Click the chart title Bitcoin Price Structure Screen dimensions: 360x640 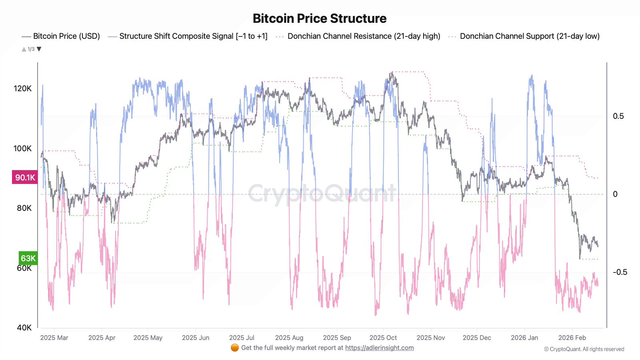pyautogui.click(x=320, y=18)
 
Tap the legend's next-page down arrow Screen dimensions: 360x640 pyautogui.click(x=39, y=49)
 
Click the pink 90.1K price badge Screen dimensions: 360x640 pyautogui.click(x=25, y=178)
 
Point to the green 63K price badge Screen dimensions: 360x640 pyautogui.click(x=28, y=258)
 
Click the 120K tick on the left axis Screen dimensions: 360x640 pyautogui.click(x=22, y=88)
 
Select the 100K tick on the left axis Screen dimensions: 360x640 pyautogui.click(x=22, y=148)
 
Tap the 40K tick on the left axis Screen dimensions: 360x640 pyautogui.click(x=24, y=328)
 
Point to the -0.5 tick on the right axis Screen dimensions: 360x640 pyautogui.click(x=620, y=272)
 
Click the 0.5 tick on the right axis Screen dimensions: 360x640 pyautogui.click(x=618, y=116)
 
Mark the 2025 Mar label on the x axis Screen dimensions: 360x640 pyautogui.click(x=54, y=338)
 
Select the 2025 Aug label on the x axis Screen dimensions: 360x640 pyautogui.click(x=289, y=338)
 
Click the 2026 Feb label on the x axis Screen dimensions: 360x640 pyautogui.click(x=572, y=338)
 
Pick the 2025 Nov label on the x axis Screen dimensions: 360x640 pyautogui.click(x=431, y=338)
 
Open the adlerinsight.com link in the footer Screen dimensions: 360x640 pyautogui.click(x=379, y=348)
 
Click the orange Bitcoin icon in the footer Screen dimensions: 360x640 pyautogui.click(x=235, y=348)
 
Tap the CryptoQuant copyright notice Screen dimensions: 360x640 pyautogui.click(x=584, y=349)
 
